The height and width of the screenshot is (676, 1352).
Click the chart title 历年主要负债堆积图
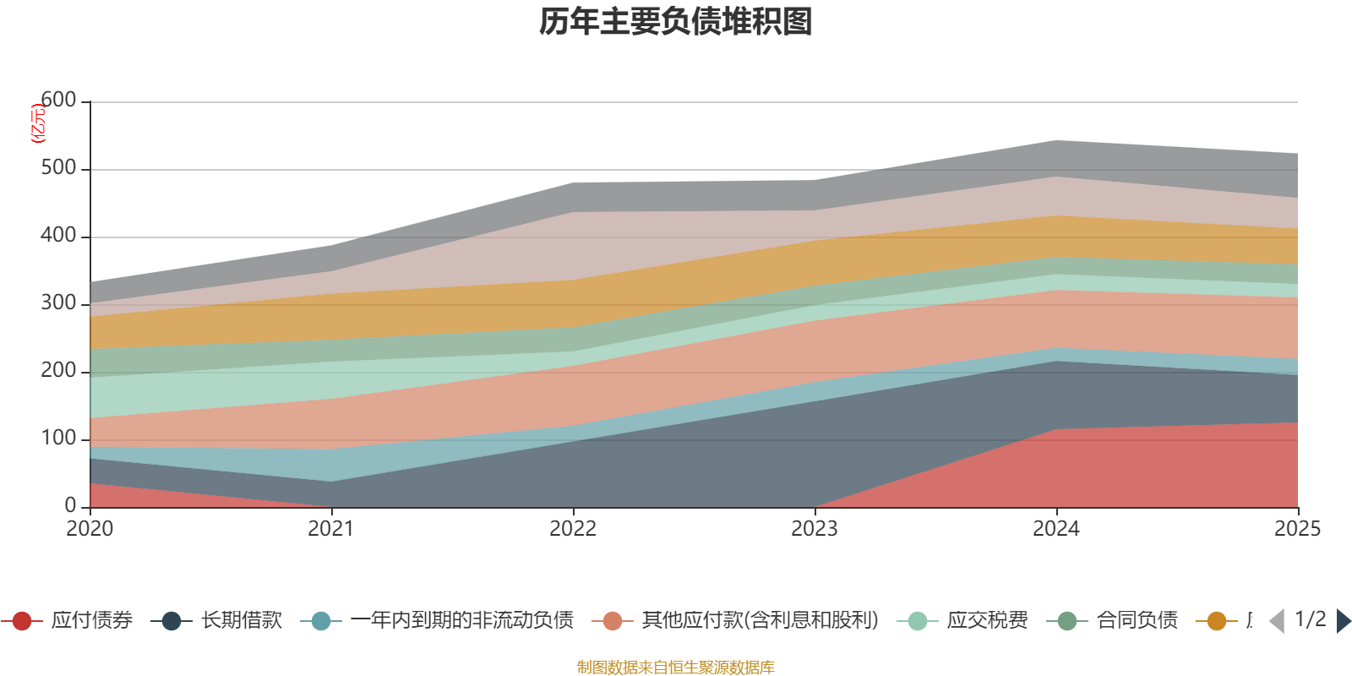pos(676,22)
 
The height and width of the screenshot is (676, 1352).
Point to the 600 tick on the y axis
pos(58,101)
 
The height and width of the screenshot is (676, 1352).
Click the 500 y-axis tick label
pos(58,168)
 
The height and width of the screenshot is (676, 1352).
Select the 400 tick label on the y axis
pos(58,236)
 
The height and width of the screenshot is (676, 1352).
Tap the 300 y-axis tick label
pos(58,303)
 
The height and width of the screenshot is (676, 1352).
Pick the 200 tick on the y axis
pos(58,371)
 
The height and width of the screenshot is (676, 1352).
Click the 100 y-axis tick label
pos(58,439)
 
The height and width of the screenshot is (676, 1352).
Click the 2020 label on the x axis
pos(90,529)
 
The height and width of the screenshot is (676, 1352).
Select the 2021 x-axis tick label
pos(331,529)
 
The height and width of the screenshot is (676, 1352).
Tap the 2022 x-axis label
pos(573,529)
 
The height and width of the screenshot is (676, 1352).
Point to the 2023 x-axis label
pos(815,529)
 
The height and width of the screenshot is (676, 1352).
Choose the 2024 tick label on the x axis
pos(1056,529)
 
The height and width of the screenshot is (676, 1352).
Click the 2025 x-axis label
pos(1297,529)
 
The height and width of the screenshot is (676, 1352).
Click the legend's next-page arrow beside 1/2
pos(1343,621)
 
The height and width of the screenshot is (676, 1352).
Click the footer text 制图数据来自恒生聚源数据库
pos(676,668)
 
